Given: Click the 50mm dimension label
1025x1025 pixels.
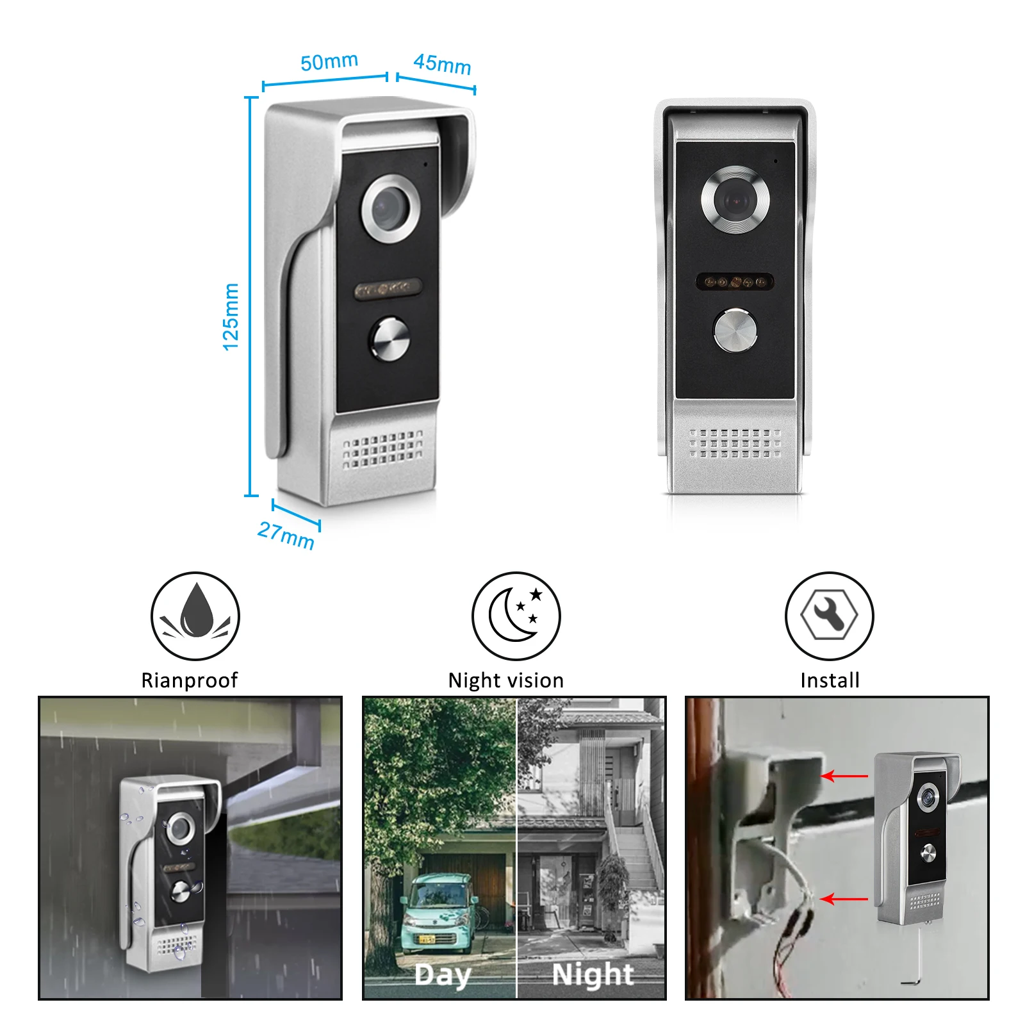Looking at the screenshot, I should click(x=329, y=62).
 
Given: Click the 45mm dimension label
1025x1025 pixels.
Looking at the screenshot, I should click(x=442, y=64).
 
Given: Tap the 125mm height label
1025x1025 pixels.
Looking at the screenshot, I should click(x=231, y=316).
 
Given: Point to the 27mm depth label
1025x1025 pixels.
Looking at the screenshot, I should click(x=286, y=536).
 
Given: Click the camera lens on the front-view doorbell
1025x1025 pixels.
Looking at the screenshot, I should click(x=735, y=200).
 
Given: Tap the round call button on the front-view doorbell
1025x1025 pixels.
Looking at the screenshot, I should click(x=735, y=331).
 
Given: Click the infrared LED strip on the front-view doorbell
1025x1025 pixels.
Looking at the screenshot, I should click(x=735, y=282).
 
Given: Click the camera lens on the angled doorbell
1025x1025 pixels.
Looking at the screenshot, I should click(x=390, y=208).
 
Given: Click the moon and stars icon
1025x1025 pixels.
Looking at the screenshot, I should click(x=516, y=616).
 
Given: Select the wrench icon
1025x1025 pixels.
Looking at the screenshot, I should click(x=830, y=616).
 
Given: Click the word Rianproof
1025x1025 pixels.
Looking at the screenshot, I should click(x=189, y=680).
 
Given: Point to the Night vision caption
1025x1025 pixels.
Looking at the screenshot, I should click(x=506, y=680).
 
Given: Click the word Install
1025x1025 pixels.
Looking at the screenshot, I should click(x=830, y=680).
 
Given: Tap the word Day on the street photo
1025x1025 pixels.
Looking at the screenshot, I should click(x=442, y=975).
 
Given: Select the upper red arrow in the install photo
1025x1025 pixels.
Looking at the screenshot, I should click(x=844, y=776).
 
